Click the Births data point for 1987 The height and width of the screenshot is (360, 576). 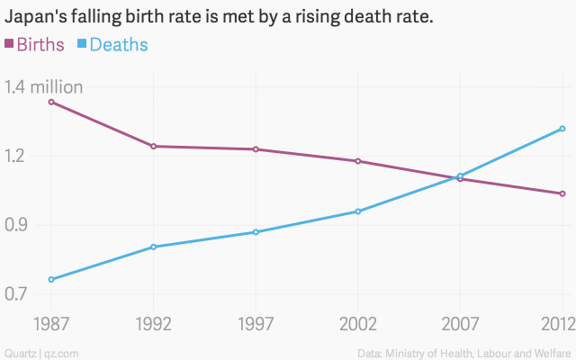click(x=51, y=102)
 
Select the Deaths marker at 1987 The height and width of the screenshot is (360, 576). click(x=51, y=279)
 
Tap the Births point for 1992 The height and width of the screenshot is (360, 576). click(x=154, y=146)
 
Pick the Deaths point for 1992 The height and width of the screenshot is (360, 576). click(x=154, y=247)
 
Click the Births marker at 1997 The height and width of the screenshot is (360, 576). click(x=256, y=149)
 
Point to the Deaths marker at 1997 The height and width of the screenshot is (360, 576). click(x=256, y=232)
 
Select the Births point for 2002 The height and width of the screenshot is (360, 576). click(x=358, y=161)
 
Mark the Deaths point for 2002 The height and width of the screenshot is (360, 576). click(x=358, y=211)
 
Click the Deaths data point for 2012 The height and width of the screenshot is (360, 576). click(x=562, y=129)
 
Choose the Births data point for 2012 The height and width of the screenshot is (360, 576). click(x=562, y=193)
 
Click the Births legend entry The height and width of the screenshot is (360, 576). click(x=36, y=45)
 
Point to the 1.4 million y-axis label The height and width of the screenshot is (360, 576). click(x=44, y=87)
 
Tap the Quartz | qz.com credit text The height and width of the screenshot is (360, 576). click(x=41, y=352)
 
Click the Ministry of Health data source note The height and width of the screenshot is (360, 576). click(x=464, y=352)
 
